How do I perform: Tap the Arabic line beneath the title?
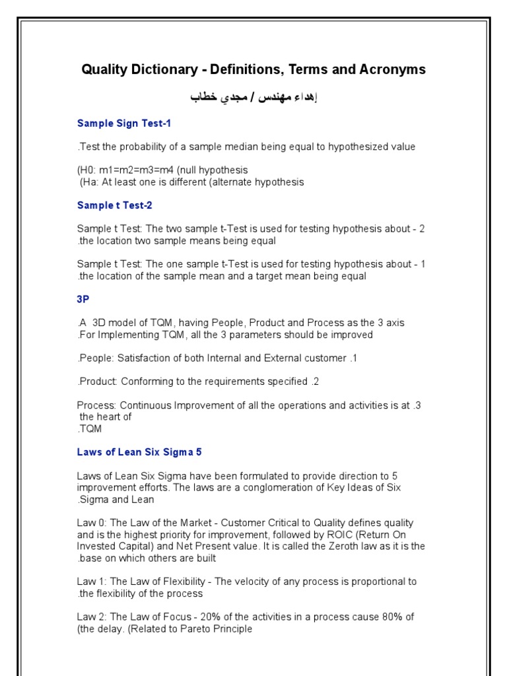[x=254, y=98]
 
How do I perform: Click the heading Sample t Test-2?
[x=115, y=205]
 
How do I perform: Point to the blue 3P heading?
[x=83, y=299]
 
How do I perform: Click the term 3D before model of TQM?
[x=99, y=323]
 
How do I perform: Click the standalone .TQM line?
[x=90, y=428]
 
